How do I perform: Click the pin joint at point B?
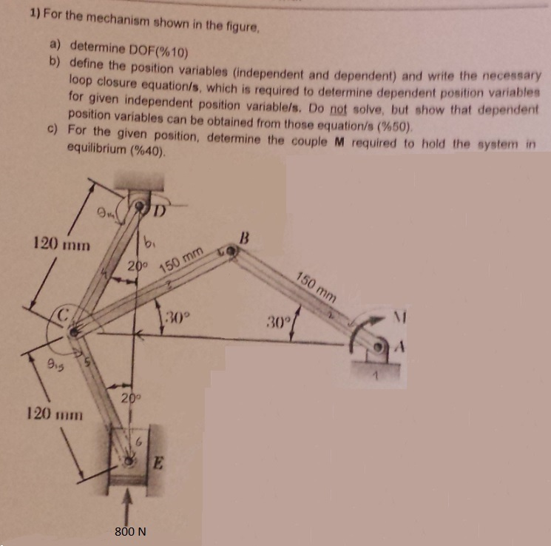[231, 254]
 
